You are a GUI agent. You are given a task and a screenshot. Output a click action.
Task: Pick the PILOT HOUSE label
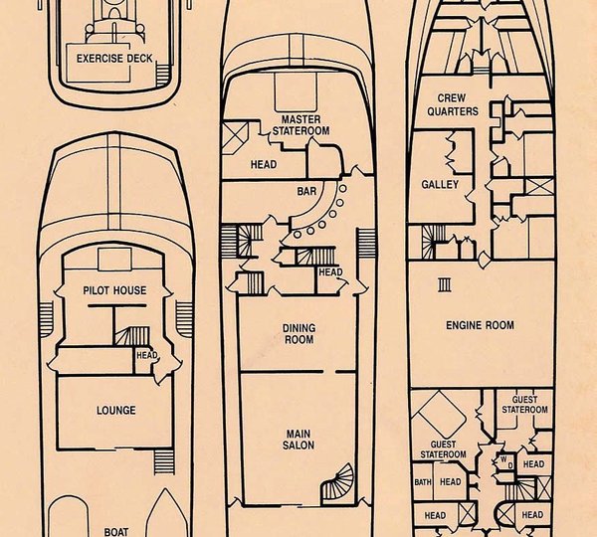coord(114,290)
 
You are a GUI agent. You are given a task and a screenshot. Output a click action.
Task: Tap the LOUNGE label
coord(116,410)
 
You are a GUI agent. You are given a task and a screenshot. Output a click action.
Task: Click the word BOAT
coord(116,530)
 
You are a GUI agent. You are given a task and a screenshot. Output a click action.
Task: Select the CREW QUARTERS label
coord(457,104)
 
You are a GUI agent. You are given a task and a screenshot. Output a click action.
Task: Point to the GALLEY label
coord(439,184)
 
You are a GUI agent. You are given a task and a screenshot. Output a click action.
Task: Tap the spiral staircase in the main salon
coord(337,484)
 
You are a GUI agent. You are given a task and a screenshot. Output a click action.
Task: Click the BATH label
coord(423,482)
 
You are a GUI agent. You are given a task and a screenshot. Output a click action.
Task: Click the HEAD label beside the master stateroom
coord(264,165)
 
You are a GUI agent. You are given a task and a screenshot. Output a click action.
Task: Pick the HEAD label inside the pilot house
coord(146,355)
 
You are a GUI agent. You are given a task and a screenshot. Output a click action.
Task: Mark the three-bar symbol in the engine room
coord(444,284)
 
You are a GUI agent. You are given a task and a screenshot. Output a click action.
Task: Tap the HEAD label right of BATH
coord(451,482)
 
